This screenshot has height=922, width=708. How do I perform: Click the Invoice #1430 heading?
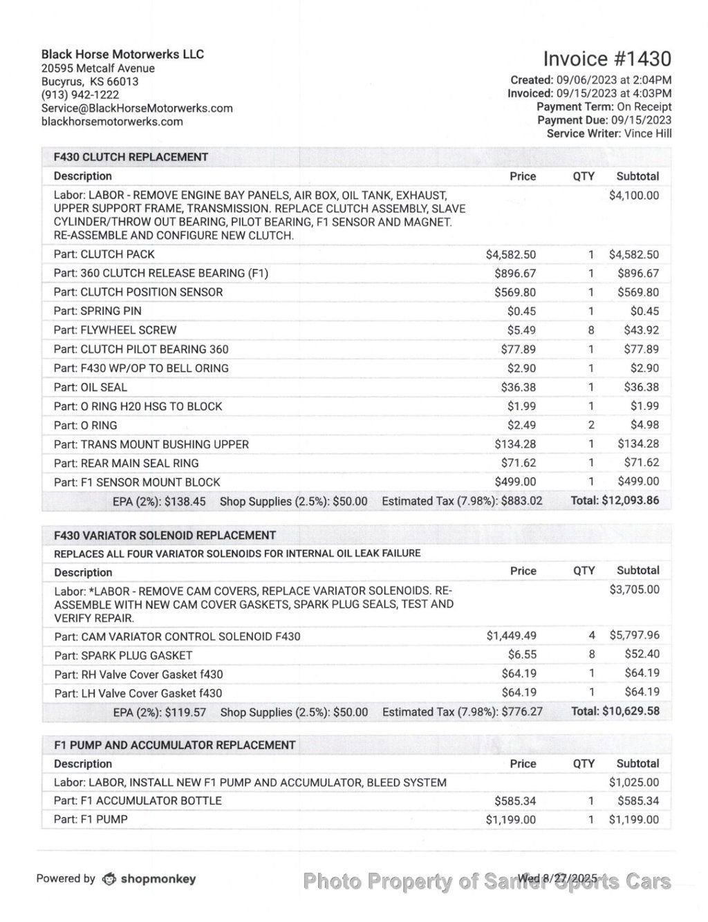pyautogui.click(x=606, y=59)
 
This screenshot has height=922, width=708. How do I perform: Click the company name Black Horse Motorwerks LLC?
pyautogui.click(x=122, y=55)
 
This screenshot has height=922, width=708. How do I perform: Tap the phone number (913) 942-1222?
pyautogui.click(x=80, y=95)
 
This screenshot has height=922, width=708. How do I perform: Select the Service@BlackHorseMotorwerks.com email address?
pyautogui.click(x=137, y=108)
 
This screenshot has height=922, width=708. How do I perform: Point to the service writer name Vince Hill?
pyautogui.click(x=647, y=133)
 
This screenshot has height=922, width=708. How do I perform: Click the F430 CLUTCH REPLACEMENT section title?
pyautogui.click(x=131, y=157)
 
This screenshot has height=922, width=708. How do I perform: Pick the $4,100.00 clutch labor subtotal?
pyautogui.click(x=633, y=196)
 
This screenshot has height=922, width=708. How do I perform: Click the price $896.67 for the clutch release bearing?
pyautogui.click(x=514, y=274)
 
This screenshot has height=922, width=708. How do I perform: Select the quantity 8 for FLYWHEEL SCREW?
pyautogui.click(x=591, y=330)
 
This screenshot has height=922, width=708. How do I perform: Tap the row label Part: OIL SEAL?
pyautogui.click(x=91, y=388)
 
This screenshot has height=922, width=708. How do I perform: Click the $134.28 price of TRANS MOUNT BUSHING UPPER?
pyautogui.click(x=514, y=444)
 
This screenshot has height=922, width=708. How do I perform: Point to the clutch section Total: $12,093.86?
pyautogui.click(x=615, y=500)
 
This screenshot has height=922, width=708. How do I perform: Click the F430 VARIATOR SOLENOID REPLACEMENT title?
pyautogui.click(x=165, y=535)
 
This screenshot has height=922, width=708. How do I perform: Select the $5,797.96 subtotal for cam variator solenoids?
pyautogui.click(x=633, y=635)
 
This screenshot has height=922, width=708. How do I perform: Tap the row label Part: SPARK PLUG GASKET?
pyautogui.click(x=123, y=655)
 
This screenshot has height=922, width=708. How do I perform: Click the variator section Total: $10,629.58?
pyautogui.click(x=615, y=711)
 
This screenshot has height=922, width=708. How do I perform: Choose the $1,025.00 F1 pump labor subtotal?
pyautogui.click(x=633, y=782)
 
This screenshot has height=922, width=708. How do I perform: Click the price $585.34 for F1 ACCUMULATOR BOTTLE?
pyautogui.click(x=514, y=801)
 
